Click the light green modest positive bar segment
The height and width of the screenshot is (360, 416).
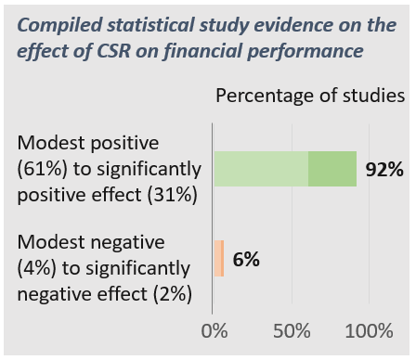(x=261, y=169)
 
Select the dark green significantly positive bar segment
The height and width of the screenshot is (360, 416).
(x=332, y=169)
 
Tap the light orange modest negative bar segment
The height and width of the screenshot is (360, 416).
(x=217, y=259)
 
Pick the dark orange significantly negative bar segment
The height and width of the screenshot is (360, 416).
(x=223, y=259)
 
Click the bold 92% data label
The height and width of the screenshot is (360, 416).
(x=383, y=170)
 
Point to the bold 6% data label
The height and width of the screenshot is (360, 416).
(x=246, y=260)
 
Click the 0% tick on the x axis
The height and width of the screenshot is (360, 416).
(x=214, y=332)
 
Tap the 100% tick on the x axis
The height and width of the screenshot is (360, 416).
(x=370, y=332)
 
